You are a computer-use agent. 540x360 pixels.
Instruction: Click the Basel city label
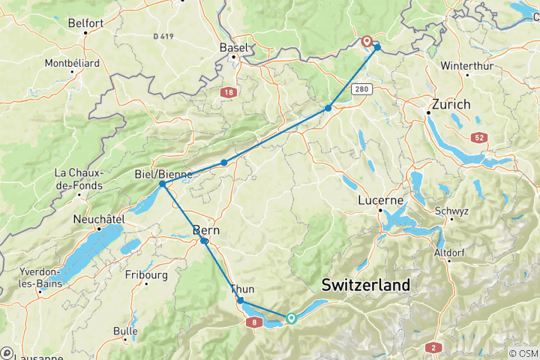[232, 47]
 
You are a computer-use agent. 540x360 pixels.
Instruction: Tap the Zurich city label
[451, 104]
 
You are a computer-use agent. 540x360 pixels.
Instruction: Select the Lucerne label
[380, 200]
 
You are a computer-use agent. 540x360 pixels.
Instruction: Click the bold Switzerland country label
[365, 285]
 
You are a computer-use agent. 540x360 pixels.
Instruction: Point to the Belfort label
[85, 23]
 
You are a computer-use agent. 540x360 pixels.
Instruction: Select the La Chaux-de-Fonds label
[78, 178]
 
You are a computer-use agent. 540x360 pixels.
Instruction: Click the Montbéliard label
[72, 63]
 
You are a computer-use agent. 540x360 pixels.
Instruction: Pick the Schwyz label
[450, 211]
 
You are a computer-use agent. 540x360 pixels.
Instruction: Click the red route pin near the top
[367, 41]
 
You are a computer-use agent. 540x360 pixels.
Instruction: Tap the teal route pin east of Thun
[291, 318]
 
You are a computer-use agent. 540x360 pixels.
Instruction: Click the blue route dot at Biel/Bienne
[162, 184]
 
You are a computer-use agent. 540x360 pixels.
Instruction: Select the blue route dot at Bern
[204, 241]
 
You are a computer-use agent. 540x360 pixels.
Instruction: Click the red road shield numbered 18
[227, 92]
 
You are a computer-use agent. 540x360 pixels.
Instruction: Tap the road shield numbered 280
[364, 88]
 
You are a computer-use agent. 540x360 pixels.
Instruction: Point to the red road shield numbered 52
[479, 137]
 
